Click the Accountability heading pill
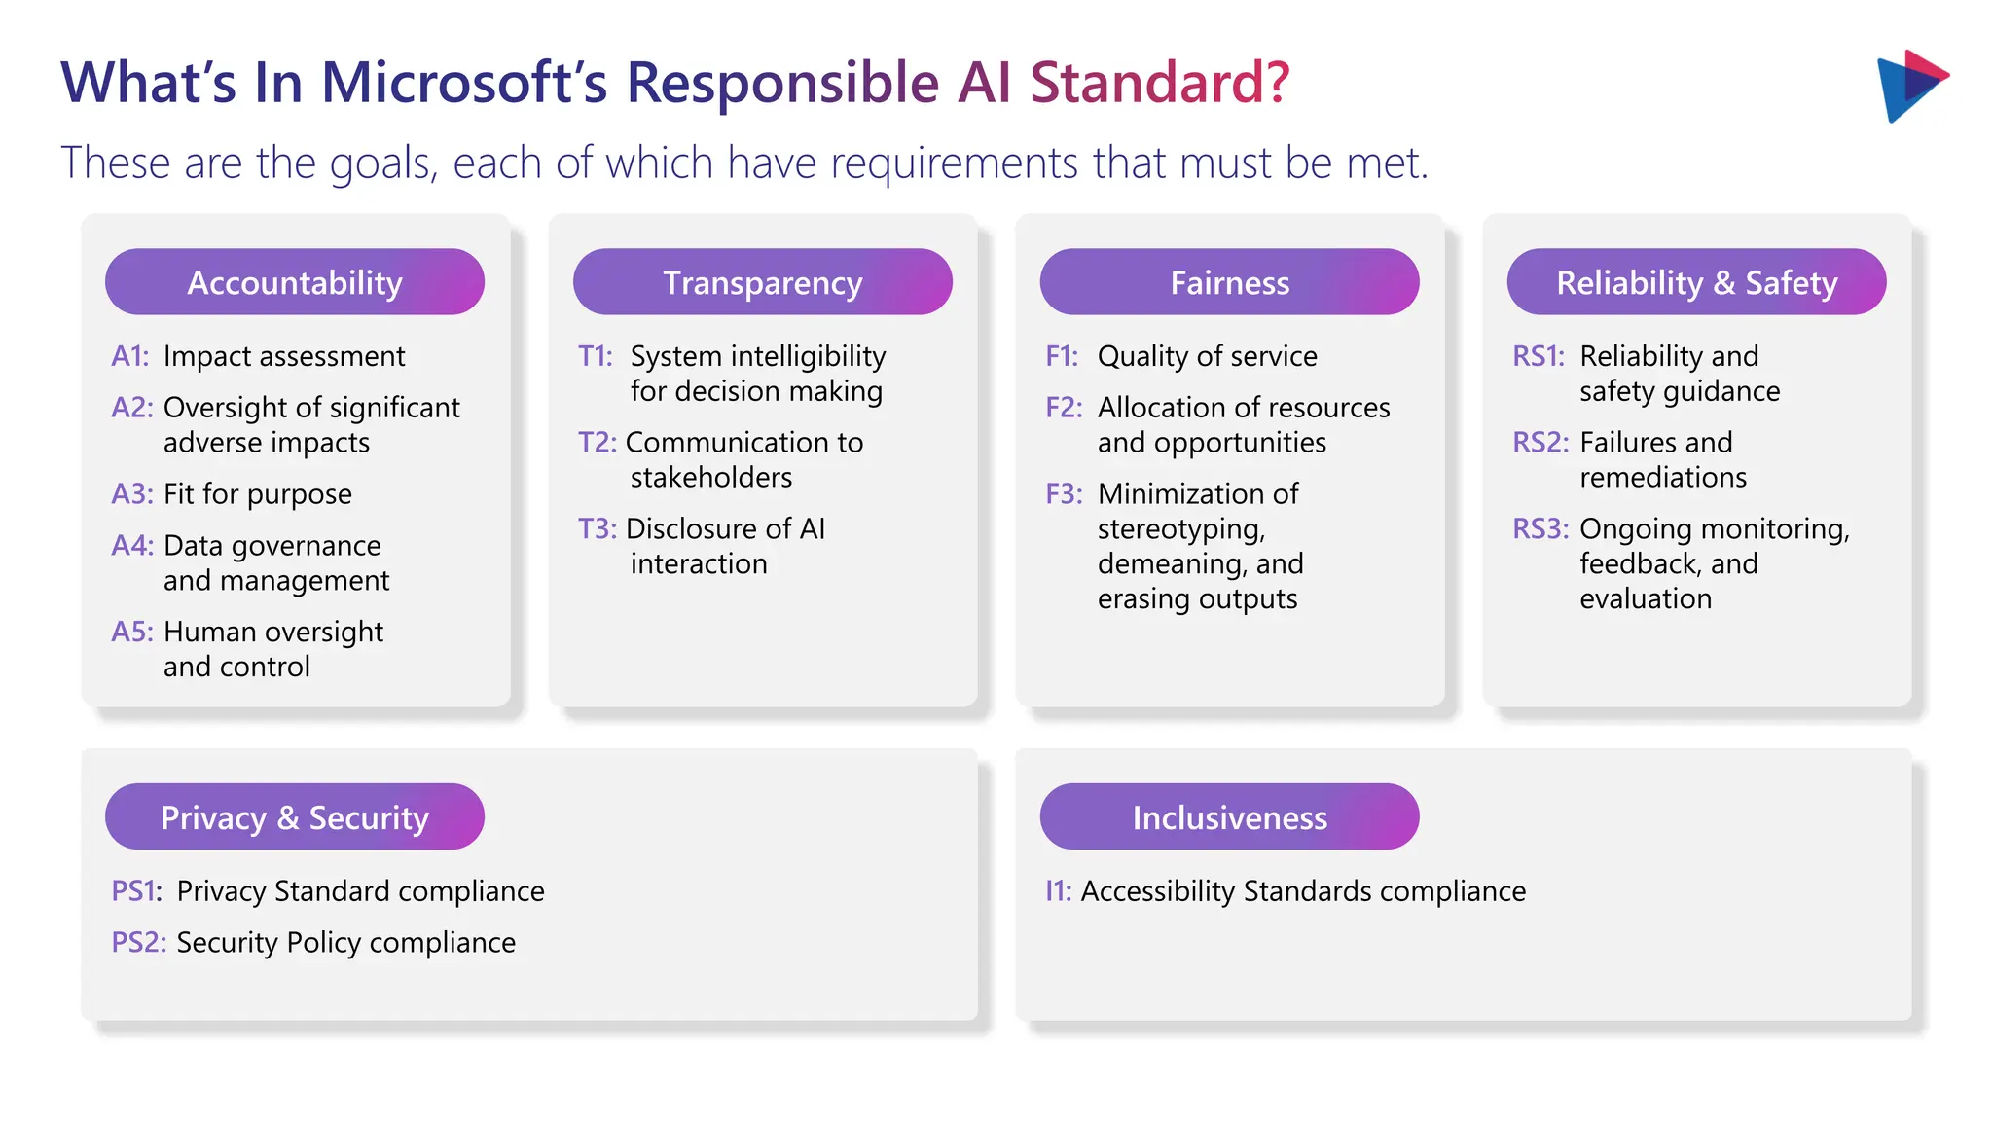pyautogui.click(x=294, y=282)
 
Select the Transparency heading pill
pyautogui.click(x=762, y=282)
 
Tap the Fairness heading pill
pyautogui.click(x=1229, y=282)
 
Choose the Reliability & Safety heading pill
pyautogui.click(x=1696, y=282)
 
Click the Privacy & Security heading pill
pyautogui.click(x=294, y=817)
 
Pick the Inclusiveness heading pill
pyautogui.click(x=1229, y=817)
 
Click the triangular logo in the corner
pyautogui.click(x=1910, y=86)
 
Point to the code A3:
pyautogui.click(x=132, y=494)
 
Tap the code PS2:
pyautogui.click(x=138, y=943)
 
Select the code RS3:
pyautogui.click(x=1540, y=529)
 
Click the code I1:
pyautogui.click(x=1058, y=891)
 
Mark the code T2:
pyautogui.click(x=598, y=443)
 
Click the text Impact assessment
pyautogui.click(x=284, y=356)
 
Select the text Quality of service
pyautogui.click(x=1207, y=356)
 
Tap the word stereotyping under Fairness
pyautogui.click(x=1180, y=529)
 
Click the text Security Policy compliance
pyautogui.click(x=345, y=943)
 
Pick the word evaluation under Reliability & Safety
pyautogui.click(x=1645, y=599)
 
